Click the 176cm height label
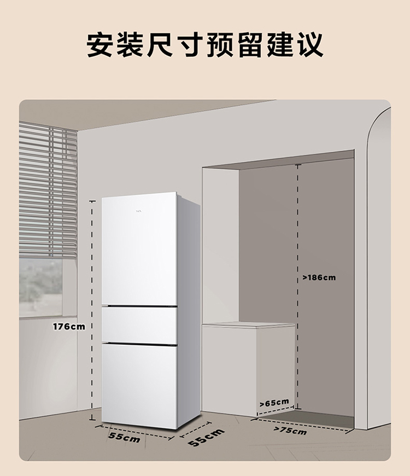(x=69, y=327)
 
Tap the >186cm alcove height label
(x=319, y=277)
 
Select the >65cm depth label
(x=274, y=403)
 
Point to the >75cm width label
(x=290, y=430)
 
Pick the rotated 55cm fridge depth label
(x=206, y=438)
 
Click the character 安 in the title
(x=99, y=45)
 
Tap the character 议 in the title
(x=311, y=45)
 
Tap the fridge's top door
(x=139, y=248)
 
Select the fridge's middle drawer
(x=139, y=326)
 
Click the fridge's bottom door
(x=139, y=386)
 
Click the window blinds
(x=48, y=190)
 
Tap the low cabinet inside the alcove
(x=248, y=369)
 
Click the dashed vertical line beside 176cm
(x=92, y=310)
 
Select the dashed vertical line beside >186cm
(x=298, y=287)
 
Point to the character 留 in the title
(x=250, y=45)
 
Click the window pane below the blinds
(x=40, y=288)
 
